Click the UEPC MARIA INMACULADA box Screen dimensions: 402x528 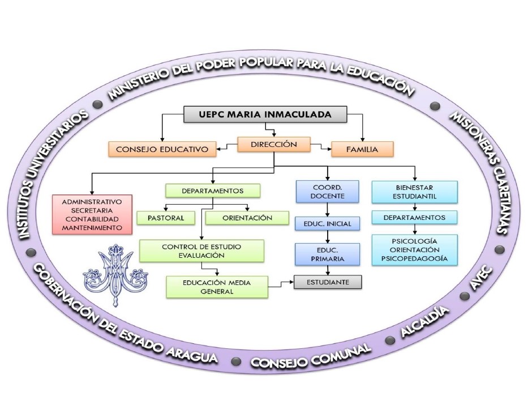pos(265,114)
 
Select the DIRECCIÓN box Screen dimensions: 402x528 pos(274,145)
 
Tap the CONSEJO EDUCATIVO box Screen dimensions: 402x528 pos(162,149)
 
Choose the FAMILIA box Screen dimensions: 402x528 pos(362,149)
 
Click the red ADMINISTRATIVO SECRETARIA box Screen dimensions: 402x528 pos(92,214)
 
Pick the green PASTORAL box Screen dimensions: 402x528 pos(165,218)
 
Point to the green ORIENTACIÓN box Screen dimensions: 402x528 pos(247,218)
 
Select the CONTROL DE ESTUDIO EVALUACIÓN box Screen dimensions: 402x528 pos(201,251)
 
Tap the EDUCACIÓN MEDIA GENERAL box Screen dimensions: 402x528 pos(217,287)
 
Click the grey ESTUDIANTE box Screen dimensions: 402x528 pos(328,281)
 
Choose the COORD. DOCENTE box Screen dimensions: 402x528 pos(327,191)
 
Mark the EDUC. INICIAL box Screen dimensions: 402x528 pos(327,224)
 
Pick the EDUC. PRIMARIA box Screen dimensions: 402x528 pos(327,254)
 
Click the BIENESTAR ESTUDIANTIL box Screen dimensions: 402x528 pos(414,192)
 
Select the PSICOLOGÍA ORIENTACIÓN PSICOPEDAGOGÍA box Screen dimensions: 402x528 pos(414,249)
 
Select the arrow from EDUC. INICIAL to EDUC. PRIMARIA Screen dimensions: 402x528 pos(328,237)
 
